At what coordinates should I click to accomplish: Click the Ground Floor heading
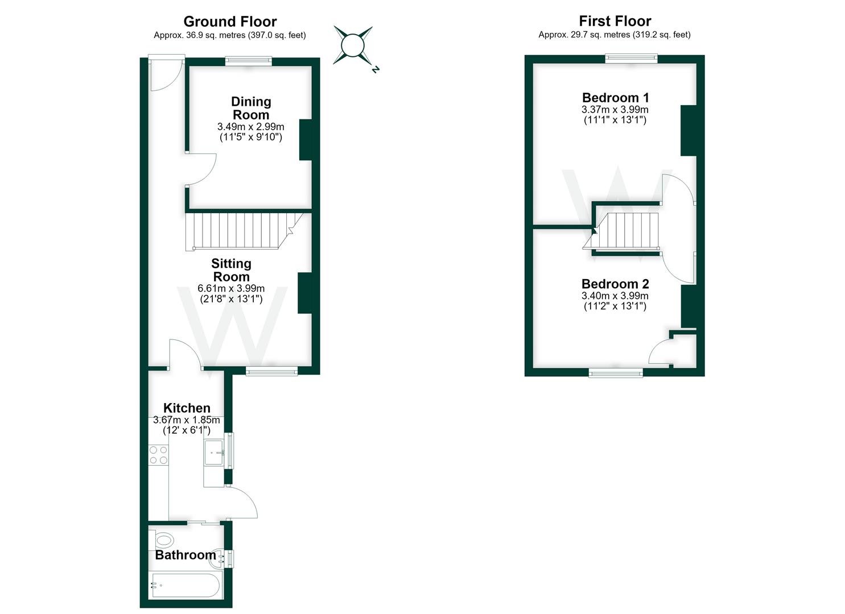click(x=230, y=22)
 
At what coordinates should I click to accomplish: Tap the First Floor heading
click(x=615, y=20)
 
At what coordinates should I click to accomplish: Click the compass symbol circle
click(x=352, y=45)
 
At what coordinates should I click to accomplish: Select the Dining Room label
click(x=251, y=108)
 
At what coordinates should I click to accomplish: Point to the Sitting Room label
click(x=231, y=270)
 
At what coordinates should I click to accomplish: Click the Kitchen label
click(x=187, y=408)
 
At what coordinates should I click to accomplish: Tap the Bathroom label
click(x=186, y=555)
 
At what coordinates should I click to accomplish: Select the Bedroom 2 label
click(x=615, y=284)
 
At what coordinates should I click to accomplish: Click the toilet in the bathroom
click(x=162, y=541)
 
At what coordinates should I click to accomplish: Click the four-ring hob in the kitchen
click(x=158, y=455)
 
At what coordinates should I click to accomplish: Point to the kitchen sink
click(x=215, y=453)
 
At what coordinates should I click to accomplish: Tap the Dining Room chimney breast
click(x=306, y=140)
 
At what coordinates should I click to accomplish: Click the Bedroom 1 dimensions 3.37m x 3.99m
click(x=615, y=110)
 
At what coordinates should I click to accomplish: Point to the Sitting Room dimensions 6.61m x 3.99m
click(x=231, y=288)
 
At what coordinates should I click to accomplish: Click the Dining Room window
click(x=249, y=60)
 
